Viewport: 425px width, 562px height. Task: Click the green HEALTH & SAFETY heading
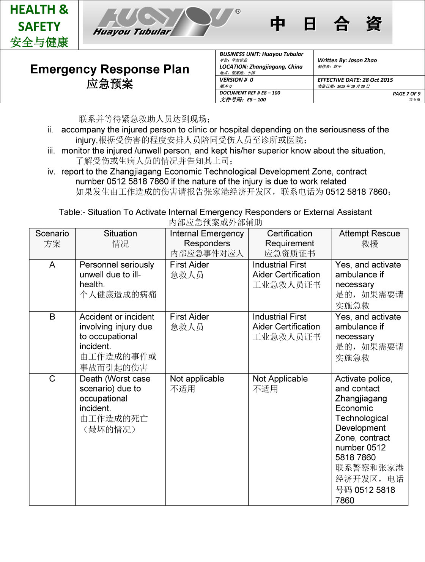coord(39,18)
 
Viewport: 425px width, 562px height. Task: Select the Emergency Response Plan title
coord(110,69)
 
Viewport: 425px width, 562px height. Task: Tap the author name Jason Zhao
coord(362,60)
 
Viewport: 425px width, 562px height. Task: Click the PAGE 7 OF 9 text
coord(406,94)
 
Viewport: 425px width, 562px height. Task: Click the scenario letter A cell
coord(52,265)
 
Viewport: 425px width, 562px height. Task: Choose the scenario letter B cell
coord(52,317)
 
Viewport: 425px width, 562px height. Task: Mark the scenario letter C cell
coord(52,379)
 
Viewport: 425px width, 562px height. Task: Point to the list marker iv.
coord(51,172)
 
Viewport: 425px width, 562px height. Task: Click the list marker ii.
coord(50,130)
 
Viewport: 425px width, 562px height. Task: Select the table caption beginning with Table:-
coord(215,212)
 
